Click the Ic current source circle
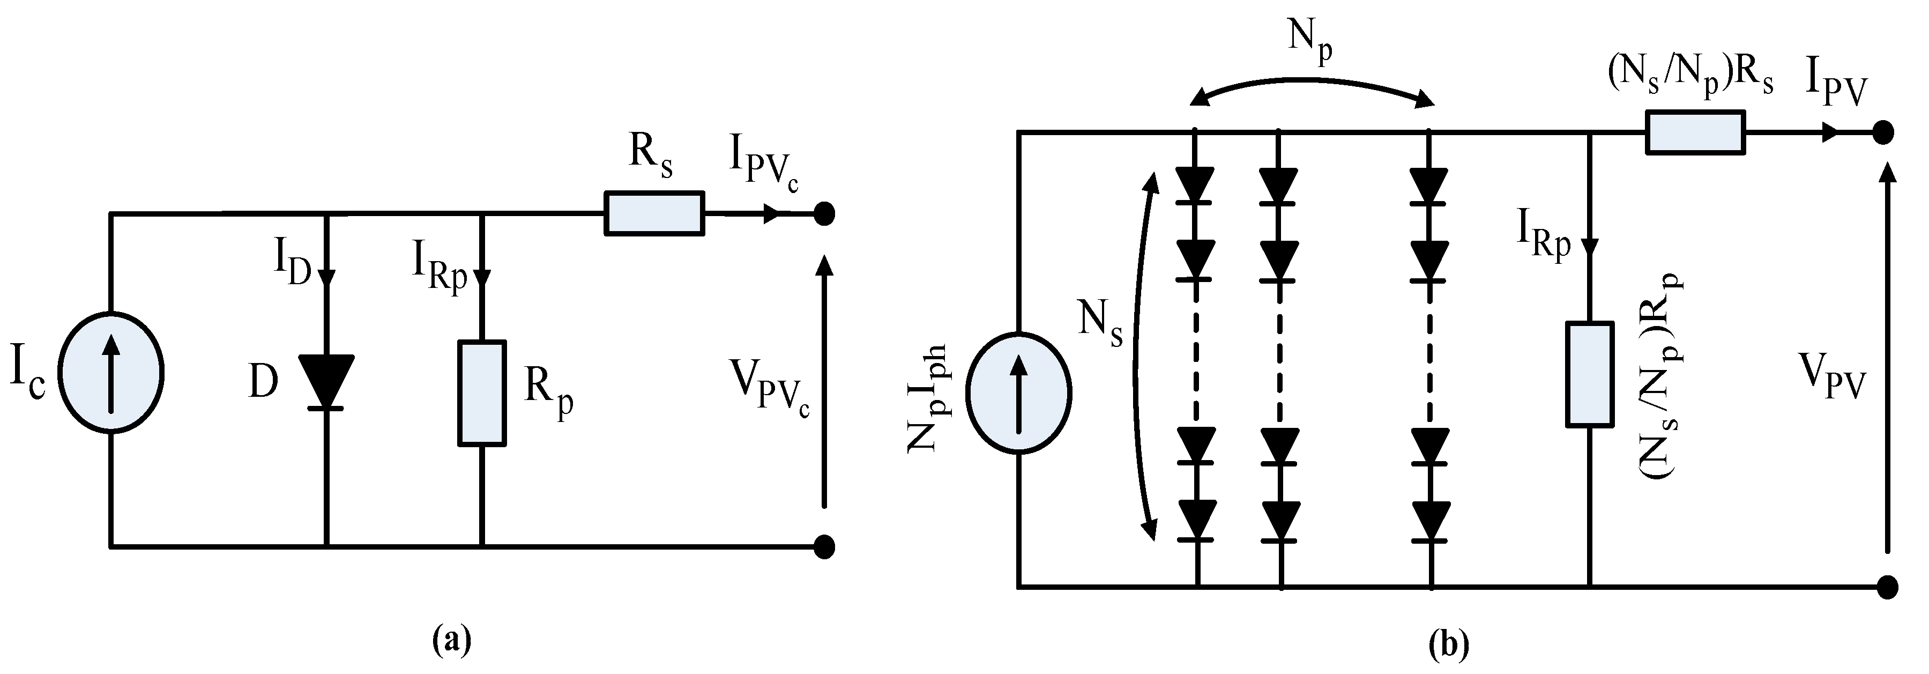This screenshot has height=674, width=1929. point(111,372)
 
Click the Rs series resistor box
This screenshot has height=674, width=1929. point(654,214)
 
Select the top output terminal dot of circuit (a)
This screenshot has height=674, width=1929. point(824,214)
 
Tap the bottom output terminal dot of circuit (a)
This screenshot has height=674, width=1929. point(824,547)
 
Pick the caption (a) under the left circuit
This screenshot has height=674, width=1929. point(452,641)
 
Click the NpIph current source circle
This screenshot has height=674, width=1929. point(1018,393)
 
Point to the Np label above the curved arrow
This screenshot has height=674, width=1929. point(1310,41)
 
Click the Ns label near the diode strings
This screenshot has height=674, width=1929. point(1100,323)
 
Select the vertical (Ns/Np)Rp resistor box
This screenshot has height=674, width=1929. point(1589,374)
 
